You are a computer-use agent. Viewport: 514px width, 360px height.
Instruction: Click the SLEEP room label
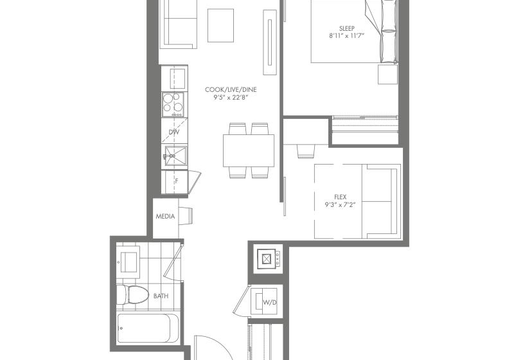(x=347, y=28)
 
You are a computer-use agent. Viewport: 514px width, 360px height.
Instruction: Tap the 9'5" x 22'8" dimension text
(x=231, y=97)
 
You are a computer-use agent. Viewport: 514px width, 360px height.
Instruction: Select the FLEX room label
(x=341, y=197)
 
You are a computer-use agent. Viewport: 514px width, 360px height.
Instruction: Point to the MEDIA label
(x=165, y=217)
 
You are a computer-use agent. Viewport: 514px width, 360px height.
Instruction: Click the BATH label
(x=161, y=296)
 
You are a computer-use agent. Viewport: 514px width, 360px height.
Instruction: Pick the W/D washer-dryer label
(x=270, y=302)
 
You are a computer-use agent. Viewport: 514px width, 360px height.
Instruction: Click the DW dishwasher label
(x=174, y=132)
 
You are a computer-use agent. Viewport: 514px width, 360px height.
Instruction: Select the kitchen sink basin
(x=175, y=156)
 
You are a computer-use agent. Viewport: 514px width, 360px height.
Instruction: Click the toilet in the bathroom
(x=132, y=294)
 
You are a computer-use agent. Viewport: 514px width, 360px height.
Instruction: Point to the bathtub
(x=148, y=328)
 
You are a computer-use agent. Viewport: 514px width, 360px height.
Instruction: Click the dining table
(x=249, y=150)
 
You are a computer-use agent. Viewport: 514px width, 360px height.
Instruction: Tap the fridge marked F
(x=174, y=182)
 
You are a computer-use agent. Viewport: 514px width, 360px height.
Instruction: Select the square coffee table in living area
(x=220, y=26)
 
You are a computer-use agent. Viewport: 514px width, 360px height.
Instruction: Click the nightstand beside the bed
(x=388, y=75)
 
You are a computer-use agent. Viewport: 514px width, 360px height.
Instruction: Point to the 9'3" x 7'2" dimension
(x=341, y=205)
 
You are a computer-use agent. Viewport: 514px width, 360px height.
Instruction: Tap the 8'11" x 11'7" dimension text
(x=347, y=36)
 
